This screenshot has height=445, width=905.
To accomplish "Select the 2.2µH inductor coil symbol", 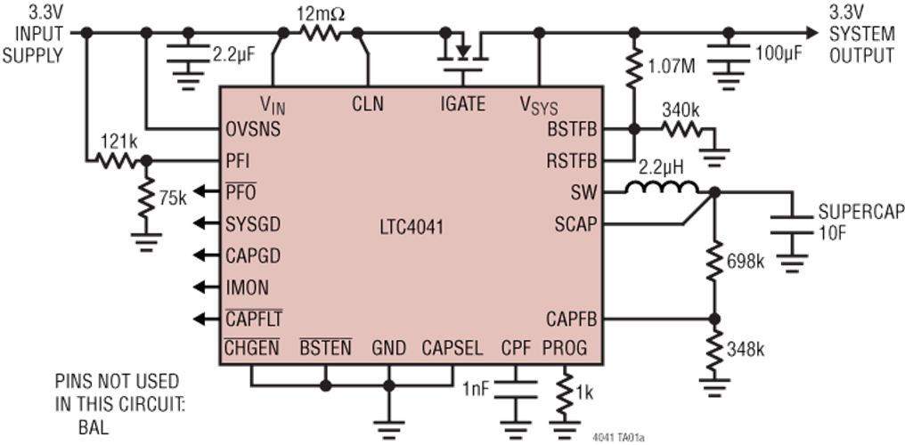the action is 662,187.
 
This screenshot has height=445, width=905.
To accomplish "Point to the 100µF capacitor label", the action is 779,53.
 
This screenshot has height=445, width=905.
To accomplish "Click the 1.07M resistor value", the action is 672,66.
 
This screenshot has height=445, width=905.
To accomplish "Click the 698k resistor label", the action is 746,262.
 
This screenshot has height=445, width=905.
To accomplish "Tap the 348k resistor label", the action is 746,349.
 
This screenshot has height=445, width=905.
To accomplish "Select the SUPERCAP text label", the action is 860,212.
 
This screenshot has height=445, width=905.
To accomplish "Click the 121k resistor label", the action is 118,142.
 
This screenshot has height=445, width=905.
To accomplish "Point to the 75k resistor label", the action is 173,198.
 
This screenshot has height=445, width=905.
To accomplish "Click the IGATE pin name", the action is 463,104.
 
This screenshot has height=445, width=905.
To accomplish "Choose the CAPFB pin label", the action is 571,319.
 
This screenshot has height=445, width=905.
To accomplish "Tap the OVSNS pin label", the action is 253,129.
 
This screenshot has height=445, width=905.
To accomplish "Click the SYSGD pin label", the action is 253,224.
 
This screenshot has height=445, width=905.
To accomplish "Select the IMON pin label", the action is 247,287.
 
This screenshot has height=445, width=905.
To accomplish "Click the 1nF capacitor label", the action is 475,389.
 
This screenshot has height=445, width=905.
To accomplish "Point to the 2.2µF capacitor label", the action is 233,55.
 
